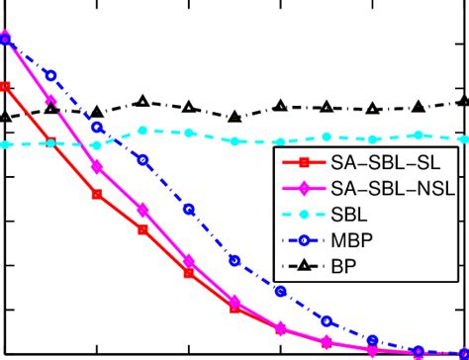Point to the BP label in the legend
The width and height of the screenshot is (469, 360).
click(x=343, y=265)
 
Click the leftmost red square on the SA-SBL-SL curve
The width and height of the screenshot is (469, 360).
click(x=5, y=87)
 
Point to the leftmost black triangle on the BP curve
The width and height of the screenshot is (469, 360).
click(x=5, y=117)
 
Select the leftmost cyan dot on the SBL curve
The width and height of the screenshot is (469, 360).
click(x=5, y=144)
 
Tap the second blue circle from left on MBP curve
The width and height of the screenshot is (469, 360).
click(x=51, y=75)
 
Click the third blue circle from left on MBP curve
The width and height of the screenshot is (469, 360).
click(x=97, y=127)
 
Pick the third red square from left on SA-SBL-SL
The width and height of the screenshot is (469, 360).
click(x=97, y=195)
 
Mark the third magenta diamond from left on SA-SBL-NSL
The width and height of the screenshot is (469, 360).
click(x=97, y=167)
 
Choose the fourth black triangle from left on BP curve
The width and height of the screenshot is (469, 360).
click(x=142, y=102)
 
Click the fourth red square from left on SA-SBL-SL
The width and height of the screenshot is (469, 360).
click(x=142, y=229)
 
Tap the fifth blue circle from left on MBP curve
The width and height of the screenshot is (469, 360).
click(x=189, y=209)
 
